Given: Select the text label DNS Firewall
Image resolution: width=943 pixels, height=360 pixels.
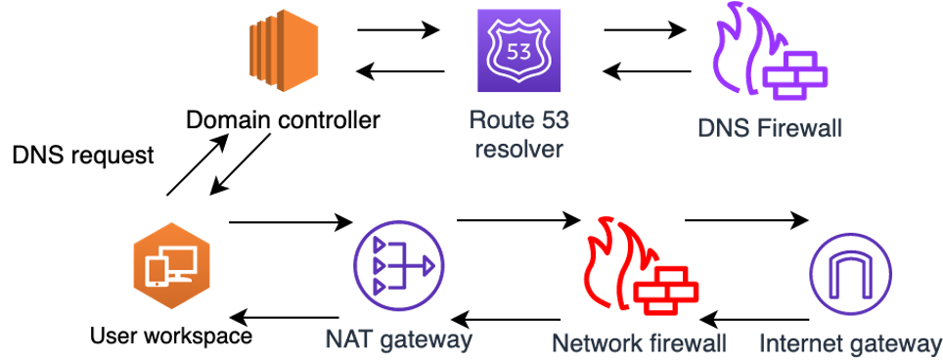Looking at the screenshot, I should (x=770, y=128).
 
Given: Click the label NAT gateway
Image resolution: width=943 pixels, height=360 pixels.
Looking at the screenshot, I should (x=399, y=339).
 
